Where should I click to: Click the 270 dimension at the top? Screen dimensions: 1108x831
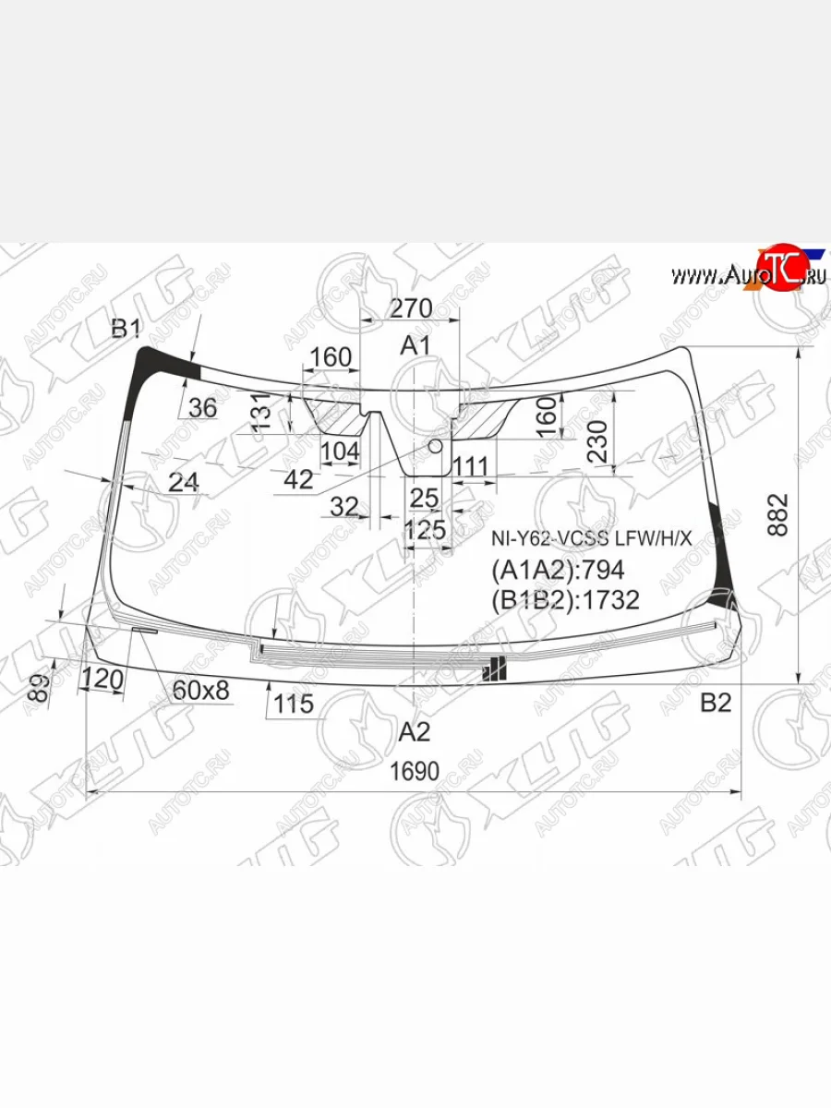(x=411, y=308)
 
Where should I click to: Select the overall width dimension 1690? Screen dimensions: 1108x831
(x=414, y=771)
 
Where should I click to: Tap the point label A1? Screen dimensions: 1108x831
(x=415, y=346)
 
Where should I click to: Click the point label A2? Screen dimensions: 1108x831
(x=415, y=732)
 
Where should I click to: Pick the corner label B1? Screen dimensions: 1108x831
(x=126, y=328)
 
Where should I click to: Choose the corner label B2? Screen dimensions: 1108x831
(x=715, y=704)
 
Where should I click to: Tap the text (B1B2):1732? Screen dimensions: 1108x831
(x=565, y=600)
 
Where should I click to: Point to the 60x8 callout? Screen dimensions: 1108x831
(x=200, y=690)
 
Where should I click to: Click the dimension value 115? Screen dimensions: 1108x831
(x=294, y=705)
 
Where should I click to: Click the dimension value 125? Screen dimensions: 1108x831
(x=425, y=530)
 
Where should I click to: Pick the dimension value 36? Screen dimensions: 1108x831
(x=202, y=406)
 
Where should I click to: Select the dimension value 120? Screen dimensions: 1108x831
(x=102, y=680)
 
